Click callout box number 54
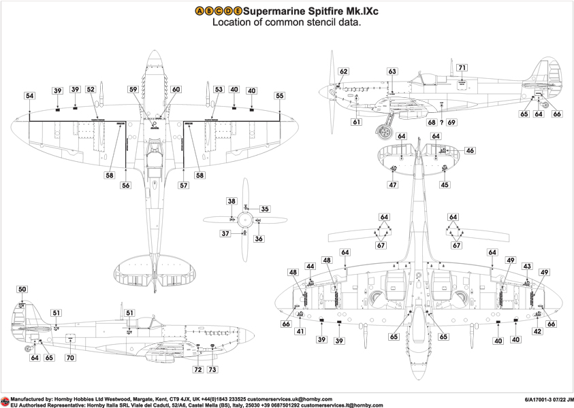coord(30,96)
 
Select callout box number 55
coord(280,96)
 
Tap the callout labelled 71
coord(462,67)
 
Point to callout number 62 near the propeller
coord(344,71)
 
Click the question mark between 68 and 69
coord(441,122)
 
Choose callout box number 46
coord(470,150)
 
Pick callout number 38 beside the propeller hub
coord(232,202)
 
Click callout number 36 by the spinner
coord(259,239)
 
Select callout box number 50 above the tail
coord(22,290)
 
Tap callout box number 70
coord(70,357)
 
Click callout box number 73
coord(213,370)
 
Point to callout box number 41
coord(300,331)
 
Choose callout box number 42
coord(537,331)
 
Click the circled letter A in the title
coord(200,12)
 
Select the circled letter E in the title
coord(238,12)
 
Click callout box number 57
coord(183,185)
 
